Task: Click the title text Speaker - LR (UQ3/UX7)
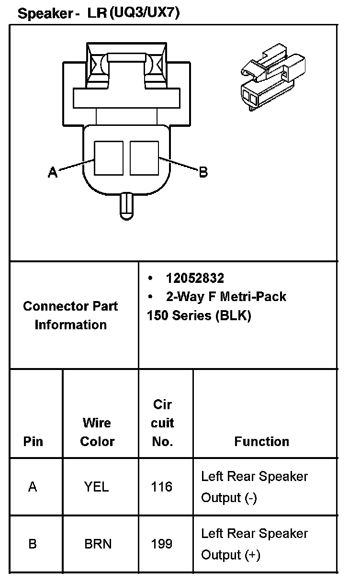tap(99, 13)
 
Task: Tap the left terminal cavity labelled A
tap(109, 158)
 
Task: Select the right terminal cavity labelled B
tap(144, 158)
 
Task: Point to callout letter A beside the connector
tap(53, 171)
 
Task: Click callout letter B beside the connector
tap(203, 172)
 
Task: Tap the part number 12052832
tap(195, 278)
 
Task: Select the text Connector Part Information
tap(70, 315)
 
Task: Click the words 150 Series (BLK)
tap(199, 316)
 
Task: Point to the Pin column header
tap(33, 441)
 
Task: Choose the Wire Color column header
tap(97, 432)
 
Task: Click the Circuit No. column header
tap(162, 423)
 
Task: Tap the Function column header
tap(261, 441)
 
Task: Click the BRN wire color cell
tap(98, 544)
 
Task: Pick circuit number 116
tap(161, 487)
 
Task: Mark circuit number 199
tap(161, 544)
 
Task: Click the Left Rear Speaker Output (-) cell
tap(254, 487)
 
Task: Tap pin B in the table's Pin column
tap(33, 544)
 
